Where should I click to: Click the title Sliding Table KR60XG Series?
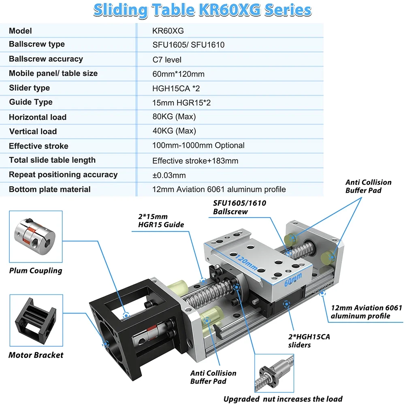tap(202, 11)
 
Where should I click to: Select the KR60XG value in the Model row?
tap(168, 31)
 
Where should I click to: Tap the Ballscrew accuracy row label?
tap(46, 59)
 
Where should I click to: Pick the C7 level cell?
tap(167, 60)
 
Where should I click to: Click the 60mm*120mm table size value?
tap(178, 74)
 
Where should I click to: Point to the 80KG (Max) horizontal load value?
tap(174, 117)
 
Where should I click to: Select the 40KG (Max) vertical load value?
tap(174, 131)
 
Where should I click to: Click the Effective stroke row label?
tap(39, 146)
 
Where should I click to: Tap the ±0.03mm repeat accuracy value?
tap(169, 175)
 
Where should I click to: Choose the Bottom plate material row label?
tap(50, 189)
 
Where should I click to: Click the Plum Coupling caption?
tap(36, 271)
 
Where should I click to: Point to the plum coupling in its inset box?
tap(34, 237)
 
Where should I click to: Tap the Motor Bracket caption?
tap(36, 355)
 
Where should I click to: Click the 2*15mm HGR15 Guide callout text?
tap(161, 221)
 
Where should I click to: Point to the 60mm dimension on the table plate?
tap(293, 280)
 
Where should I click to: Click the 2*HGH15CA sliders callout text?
tap(309, 341)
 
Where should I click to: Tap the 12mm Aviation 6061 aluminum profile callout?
tap(366, 312)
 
